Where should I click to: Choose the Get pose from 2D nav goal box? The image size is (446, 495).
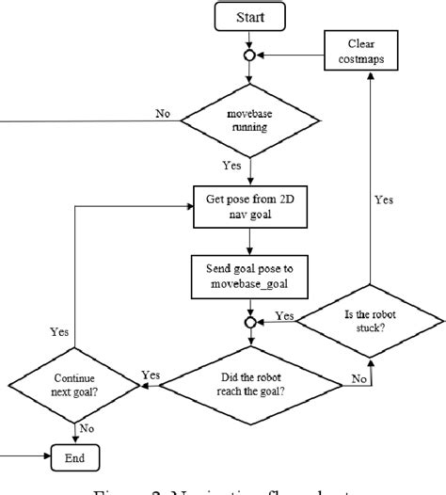250,206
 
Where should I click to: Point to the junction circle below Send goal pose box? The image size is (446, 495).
249,322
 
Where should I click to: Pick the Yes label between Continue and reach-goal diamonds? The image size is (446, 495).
151,375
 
